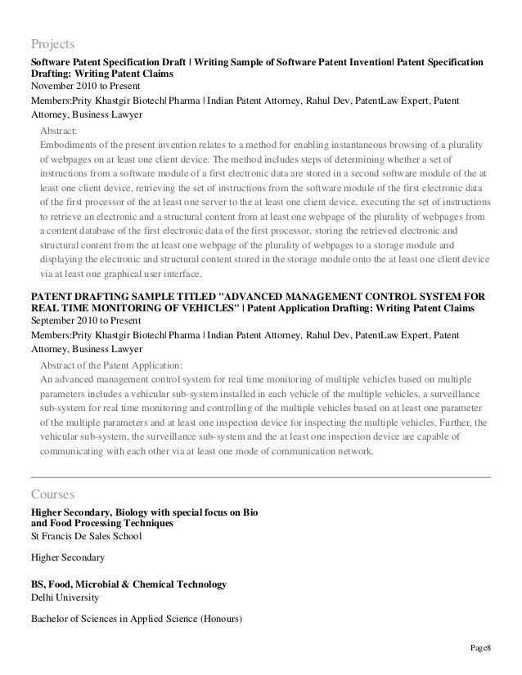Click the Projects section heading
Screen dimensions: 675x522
tap(52, 43)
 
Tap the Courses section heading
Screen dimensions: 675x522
tap(52, 494)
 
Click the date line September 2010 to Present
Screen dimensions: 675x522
tap(85, 320)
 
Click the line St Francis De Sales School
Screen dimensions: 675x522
tap(86, 536)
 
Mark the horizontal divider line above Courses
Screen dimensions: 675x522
tap(261, 476)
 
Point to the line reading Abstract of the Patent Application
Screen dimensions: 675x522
tap(111, 364)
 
